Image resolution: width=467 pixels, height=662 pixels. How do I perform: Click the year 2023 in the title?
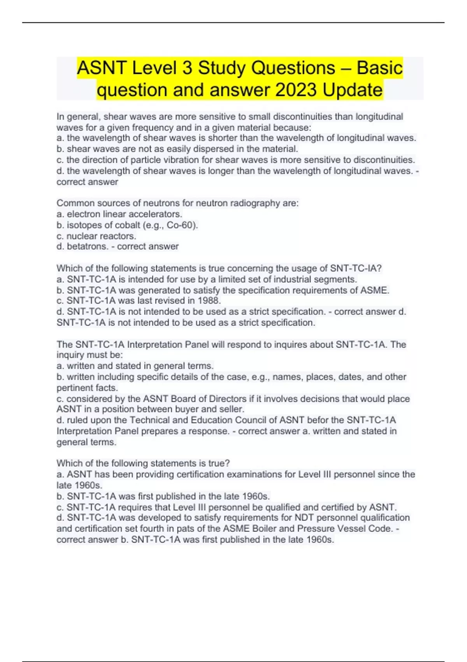point(296,90)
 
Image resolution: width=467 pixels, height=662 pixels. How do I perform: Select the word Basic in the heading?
point(379,68)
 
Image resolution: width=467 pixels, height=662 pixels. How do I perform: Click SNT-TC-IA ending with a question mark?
point(356,268)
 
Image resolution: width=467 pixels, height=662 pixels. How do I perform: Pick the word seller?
point(233,409)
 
